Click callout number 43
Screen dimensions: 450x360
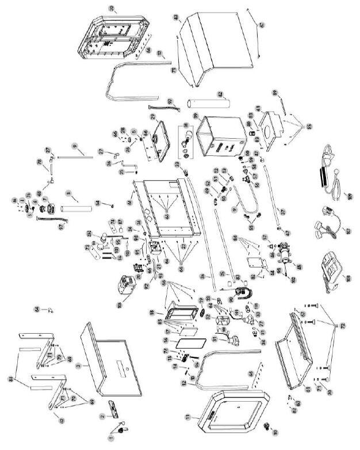[177, 17]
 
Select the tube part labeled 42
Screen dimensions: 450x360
[208, 104]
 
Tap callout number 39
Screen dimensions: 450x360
[196, 116]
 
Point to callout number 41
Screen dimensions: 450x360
[258, 108]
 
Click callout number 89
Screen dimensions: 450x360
[275, 93]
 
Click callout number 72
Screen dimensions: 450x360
[343, 326]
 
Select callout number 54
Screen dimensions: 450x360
[98, 203]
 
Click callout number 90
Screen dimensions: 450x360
[231, 299]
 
